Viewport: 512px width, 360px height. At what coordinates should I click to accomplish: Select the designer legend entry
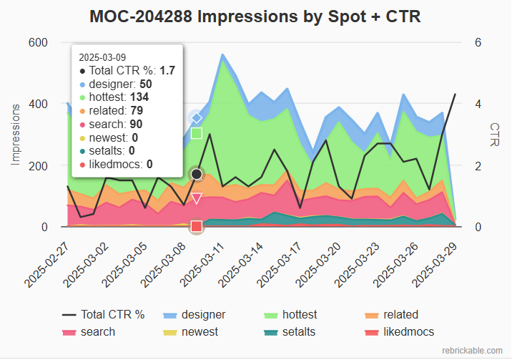pyautogui.click(x=203, y=314)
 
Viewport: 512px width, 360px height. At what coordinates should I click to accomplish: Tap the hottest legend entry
pyautogui.click(x=300, y=314)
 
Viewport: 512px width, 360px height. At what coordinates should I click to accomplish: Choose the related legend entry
pyautogui.click(x=400, y=314)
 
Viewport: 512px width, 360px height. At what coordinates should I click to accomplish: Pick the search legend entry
pyautogui.click(x=98, y=331)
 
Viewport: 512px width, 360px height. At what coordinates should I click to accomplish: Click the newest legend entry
pyautogui.click(x=200, y=331)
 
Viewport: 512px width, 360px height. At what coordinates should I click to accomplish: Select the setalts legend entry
pyautogui.click(x=299, y=331)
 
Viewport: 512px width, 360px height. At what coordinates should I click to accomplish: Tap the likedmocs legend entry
pyautogui.click(x=408, y=331)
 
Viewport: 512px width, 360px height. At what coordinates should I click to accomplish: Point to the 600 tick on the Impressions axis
pyautogui.click(x=38, y=42)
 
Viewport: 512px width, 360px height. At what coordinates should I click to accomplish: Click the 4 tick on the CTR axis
pyautogui.click(x=478, y=104)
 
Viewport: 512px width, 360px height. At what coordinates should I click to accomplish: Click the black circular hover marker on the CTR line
pyautogui.click(x=197, y=174)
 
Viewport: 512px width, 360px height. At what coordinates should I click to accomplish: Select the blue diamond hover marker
pyautogui.click(x=197, y=117)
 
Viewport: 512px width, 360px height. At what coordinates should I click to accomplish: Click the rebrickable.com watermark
pyautogui.click(x=473, y=350)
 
